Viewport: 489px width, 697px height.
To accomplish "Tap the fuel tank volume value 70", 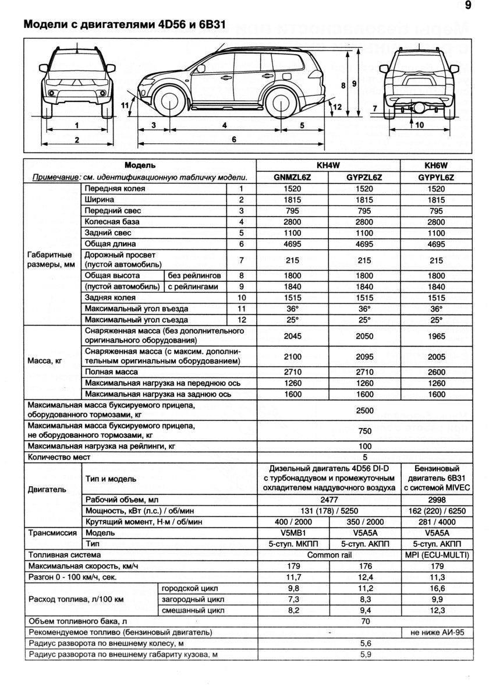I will click(x=364, y=621).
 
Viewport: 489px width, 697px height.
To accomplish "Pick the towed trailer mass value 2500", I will click(x=364, y=411).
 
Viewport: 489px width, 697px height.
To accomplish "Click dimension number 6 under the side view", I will click(x=233, y=139).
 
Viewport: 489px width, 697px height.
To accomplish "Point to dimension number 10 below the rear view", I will click(x=420, y=125).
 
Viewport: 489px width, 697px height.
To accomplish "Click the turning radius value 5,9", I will click(x=364, y=654).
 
